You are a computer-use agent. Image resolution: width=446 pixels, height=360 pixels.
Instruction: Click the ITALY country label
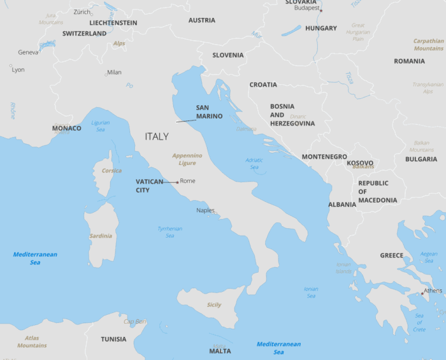click(157, 136)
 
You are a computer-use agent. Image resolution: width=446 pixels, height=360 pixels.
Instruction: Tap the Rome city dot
click(177, 182)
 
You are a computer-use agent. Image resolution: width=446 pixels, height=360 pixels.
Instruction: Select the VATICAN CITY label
click(150, 185)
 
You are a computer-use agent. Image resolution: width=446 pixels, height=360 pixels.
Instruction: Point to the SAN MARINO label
click(209, 112)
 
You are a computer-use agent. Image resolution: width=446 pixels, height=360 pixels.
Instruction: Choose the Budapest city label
click(306, 8)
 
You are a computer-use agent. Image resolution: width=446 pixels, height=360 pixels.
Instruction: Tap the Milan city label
click(115, 72)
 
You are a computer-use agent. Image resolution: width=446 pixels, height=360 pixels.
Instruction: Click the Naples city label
click(205, 210)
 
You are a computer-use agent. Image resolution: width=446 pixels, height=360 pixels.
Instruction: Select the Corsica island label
click(111, 171)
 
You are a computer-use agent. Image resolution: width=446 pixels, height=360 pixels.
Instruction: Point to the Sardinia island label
click(100, 236)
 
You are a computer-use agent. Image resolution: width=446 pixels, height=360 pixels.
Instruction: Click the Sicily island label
click(214, 305)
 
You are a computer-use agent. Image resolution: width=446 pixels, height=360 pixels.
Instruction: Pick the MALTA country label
click(220, 351)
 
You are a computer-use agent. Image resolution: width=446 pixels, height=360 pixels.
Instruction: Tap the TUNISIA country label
click(113, 339)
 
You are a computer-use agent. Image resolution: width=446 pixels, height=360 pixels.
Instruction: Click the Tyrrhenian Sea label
click(169, 232)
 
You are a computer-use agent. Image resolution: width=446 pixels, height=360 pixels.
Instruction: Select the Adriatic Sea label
click(254, 164)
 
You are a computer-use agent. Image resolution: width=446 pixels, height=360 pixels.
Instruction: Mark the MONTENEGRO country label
click(324, 157)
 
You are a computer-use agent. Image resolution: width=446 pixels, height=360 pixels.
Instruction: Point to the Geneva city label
click(28, 52)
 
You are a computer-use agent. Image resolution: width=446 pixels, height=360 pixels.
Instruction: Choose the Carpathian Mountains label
click(428, 45)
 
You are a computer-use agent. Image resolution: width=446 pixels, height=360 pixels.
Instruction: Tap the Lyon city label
click(18, 69)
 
